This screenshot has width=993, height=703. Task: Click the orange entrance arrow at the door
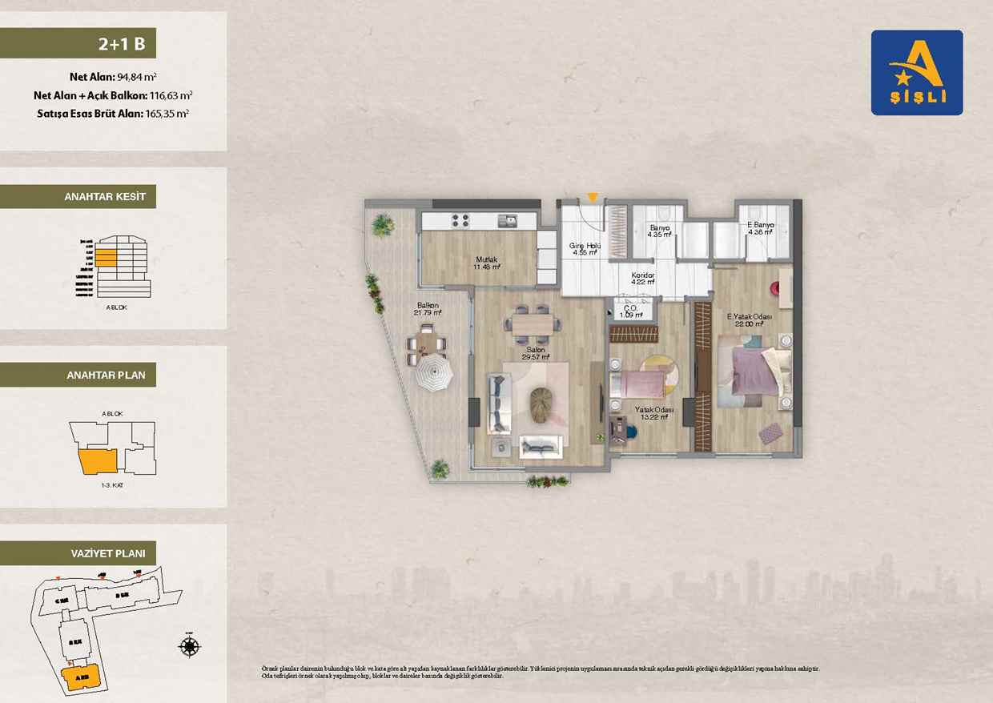pos(592,198)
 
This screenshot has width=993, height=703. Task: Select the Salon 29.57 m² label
pos(535,354)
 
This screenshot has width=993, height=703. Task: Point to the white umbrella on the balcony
pos(434,373)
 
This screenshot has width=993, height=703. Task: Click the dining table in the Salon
pos(532,323)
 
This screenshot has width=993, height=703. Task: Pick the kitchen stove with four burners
pos(460,220)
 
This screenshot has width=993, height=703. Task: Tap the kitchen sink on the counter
pos(507,220)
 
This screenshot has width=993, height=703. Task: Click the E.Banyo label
pos(760,229)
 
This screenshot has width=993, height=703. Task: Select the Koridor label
pos(643,278)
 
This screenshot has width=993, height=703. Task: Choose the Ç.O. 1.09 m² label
pos(631,311)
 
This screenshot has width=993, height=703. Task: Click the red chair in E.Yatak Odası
pos(775,288)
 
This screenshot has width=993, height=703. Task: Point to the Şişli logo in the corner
pos(917,73)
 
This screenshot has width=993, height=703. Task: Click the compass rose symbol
pos(190,646)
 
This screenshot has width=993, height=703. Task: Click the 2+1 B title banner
pos(78,43)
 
